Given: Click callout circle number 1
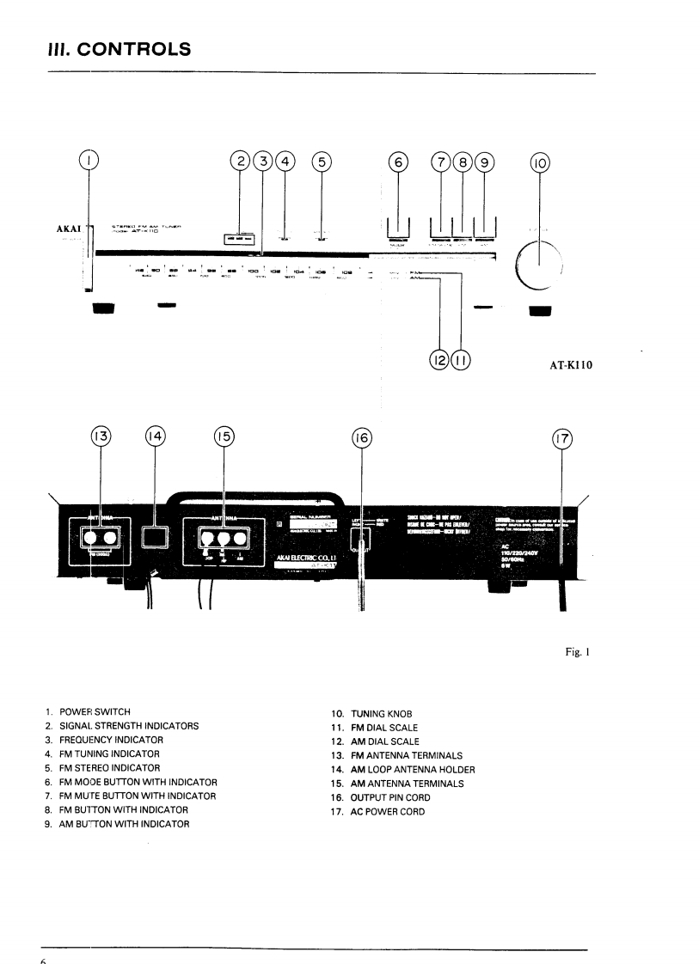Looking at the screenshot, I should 89,161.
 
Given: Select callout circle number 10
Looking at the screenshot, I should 541,162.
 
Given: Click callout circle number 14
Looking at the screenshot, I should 156,436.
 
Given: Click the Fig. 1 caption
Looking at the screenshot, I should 576,652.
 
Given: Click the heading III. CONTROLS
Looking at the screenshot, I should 120,49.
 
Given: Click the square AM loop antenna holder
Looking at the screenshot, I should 156,538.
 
